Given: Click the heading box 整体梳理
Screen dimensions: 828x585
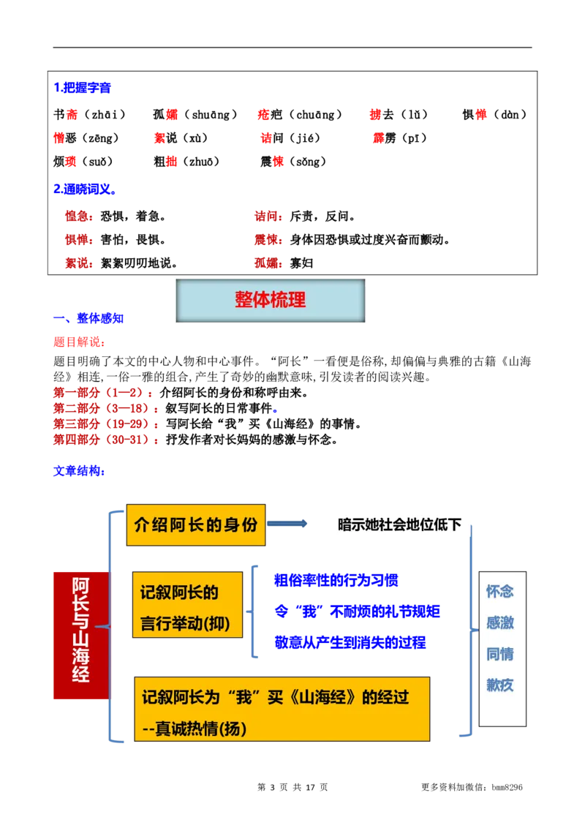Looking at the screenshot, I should point(270,301).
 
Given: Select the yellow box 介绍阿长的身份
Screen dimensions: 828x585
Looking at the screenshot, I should point(196,524).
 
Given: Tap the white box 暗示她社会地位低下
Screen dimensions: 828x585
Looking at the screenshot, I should point(399,524).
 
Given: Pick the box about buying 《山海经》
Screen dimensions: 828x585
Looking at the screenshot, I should point(282,710).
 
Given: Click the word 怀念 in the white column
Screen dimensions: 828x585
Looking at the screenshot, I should point(500,591).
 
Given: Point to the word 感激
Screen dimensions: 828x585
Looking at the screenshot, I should point(500,622).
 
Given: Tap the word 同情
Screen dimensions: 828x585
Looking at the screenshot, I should point(500,654).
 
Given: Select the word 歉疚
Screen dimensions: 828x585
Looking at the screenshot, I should point(500,685).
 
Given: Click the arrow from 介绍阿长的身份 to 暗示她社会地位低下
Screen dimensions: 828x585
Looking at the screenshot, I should point(288,524).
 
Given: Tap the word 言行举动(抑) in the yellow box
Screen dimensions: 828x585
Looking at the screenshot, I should point(185,625).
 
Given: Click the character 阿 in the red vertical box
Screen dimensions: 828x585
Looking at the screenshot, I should point(81,587).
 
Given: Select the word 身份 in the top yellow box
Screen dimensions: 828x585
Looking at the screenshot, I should point(240,524).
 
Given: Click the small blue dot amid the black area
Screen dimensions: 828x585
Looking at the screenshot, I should point(275,411).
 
